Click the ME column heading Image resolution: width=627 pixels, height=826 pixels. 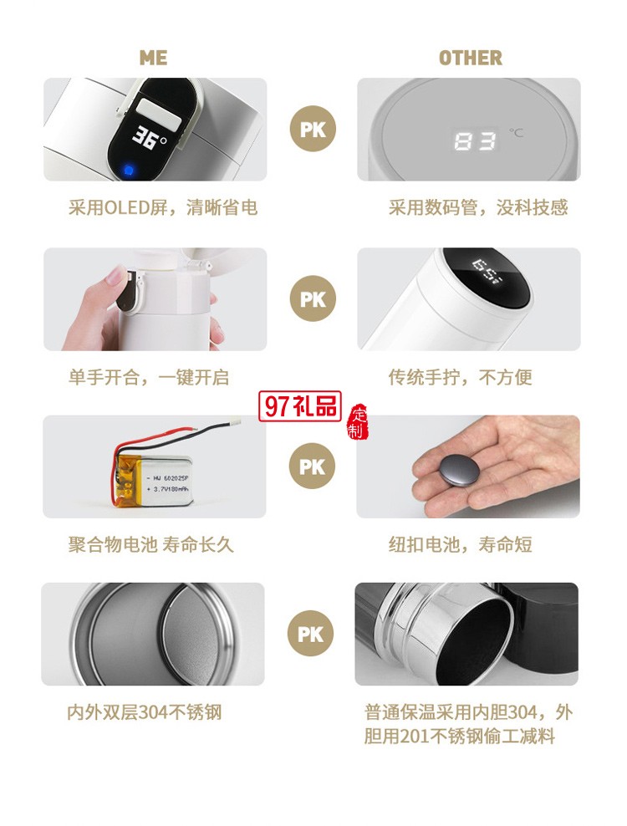pos(153,58)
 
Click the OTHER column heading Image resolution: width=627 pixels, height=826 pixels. pos(471,58)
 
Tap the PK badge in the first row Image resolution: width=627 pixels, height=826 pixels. pos(313,130)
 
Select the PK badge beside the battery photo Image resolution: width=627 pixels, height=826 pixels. pos(313,466)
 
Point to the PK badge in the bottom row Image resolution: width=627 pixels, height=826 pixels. pos(310,635)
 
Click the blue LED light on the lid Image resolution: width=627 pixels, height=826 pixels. pos(129,170)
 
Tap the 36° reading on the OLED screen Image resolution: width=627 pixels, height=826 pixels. pos(150,137)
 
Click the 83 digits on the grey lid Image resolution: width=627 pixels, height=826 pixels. pos(475,141)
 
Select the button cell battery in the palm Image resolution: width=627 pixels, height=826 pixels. pos(449,472)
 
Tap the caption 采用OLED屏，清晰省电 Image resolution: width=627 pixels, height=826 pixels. pos(163,207)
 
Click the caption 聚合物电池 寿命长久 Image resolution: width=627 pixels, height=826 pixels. pos(151,545)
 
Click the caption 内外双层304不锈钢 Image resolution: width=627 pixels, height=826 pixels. pos(145,713)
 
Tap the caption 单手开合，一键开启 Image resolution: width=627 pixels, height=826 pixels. pos(148,377)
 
